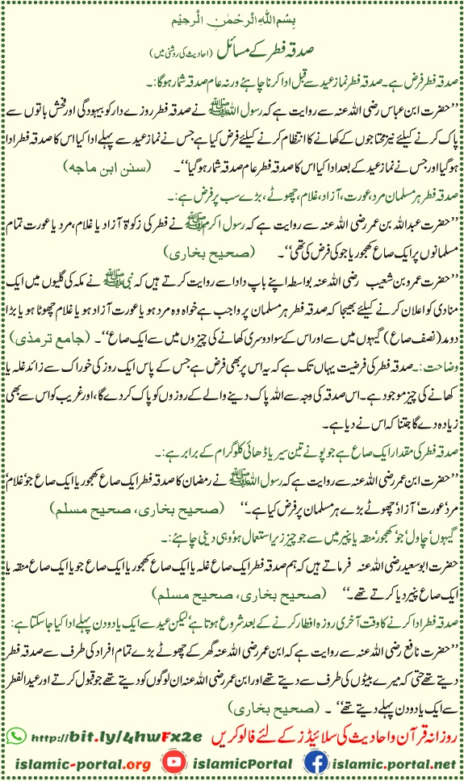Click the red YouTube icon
point(171,762)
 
